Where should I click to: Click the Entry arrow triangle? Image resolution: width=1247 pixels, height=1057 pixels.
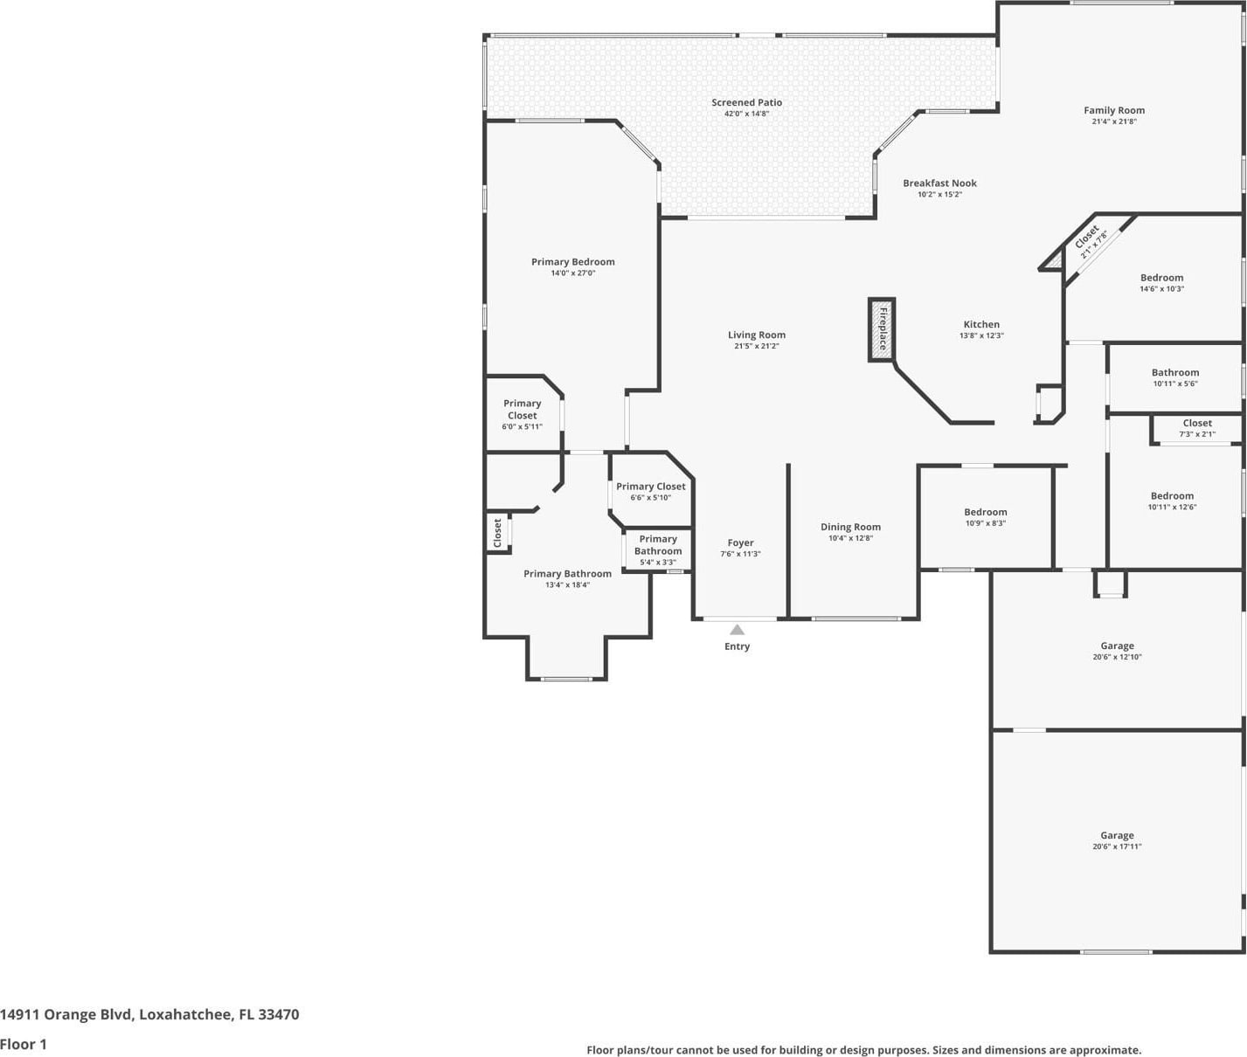pos(737,630)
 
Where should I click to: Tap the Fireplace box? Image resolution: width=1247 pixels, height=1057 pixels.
pos(882,330)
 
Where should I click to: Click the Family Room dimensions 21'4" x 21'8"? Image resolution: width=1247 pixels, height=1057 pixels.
pos(1113,121)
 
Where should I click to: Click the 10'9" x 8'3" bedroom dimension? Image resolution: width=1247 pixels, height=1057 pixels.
pos(985,523)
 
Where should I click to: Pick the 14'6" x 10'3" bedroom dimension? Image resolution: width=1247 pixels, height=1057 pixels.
pos(1161,289)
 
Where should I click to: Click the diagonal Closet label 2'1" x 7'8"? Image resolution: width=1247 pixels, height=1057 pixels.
pos(1091,240)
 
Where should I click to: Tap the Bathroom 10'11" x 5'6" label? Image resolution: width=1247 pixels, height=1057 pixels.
pos(1174,377)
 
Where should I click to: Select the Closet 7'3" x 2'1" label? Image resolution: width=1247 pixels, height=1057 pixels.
pos(1197,428)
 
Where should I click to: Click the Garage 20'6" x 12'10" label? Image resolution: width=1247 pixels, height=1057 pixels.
pos(1117,651)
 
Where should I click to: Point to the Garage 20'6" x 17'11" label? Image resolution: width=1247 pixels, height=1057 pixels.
pos(1117,840)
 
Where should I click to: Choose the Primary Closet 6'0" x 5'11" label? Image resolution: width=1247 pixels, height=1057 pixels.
pos(522,414)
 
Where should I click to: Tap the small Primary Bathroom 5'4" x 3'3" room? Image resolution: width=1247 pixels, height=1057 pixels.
pos(657,550)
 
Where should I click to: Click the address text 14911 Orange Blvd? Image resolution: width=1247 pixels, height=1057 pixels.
pos(66,1014)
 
